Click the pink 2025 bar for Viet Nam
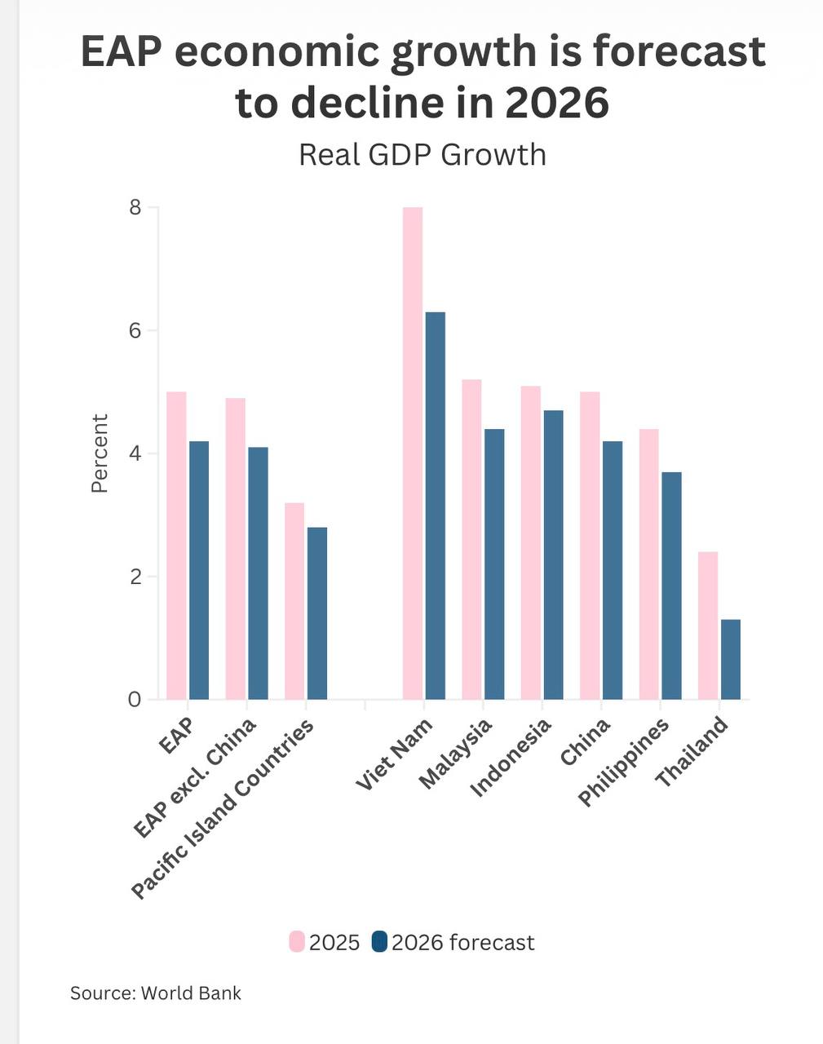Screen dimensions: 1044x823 tap(413, 453)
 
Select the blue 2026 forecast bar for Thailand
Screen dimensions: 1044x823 tap(730, 659)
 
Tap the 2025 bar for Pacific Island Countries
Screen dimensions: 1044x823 tap(294, 601)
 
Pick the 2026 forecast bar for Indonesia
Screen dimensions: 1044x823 tap(553, 555)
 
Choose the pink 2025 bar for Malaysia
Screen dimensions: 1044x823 tap(471, 539)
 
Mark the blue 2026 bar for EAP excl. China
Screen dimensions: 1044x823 tap(258, 573)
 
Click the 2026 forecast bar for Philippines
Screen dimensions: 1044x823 tap(671, 585)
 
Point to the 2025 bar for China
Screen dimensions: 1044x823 tap(590, 545)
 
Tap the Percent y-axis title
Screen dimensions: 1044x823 tap(100, 453)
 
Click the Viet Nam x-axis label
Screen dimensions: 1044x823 tap(395, 754)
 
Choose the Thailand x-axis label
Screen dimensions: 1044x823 tap(692, 752)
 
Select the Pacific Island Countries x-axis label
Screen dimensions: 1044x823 tap(223, 809)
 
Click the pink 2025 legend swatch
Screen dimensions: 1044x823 tap(297, 942)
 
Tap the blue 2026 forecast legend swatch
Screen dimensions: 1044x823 tap(379, 942)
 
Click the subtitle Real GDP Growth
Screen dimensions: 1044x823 tap(422, 154)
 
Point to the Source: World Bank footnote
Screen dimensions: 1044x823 tap(156, 993)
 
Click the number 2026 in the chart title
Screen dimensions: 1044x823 tap(556, 103)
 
